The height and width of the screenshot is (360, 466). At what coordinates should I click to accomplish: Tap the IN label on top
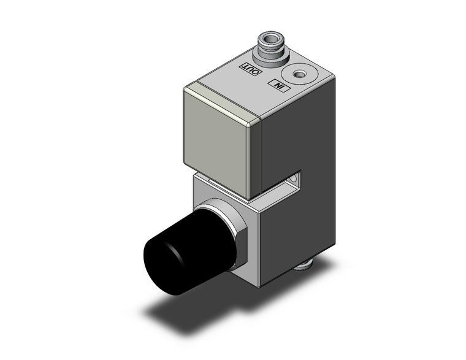280,85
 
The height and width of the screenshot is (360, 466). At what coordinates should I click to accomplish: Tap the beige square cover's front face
218,142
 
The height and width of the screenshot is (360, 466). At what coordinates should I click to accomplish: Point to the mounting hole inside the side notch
297,179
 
